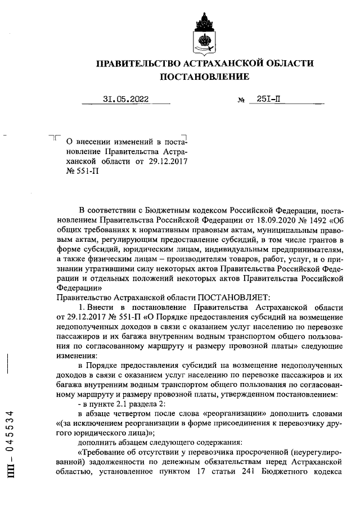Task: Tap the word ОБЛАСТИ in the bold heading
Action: [x=287, y=64]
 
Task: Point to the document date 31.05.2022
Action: [x=126, y=100]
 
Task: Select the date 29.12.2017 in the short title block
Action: [x=167, y=161]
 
